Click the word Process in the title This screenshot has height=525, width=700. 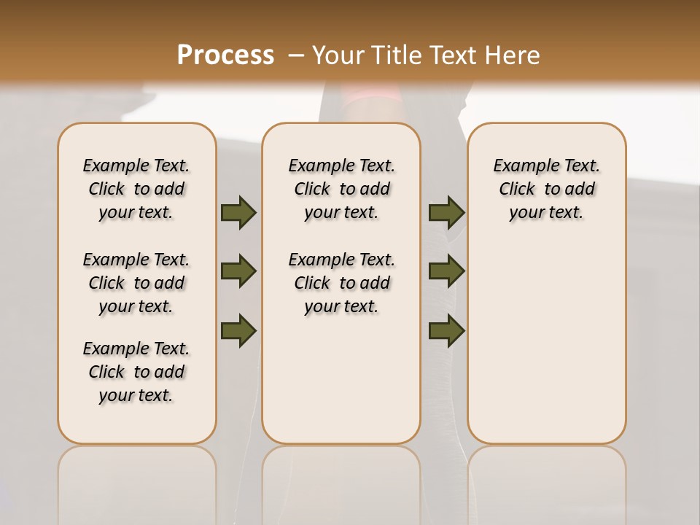(225, 55)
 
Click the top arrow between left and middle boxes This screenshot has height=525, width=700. (238, 213)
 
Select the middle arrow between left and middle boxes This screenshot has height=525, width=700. (238, 272)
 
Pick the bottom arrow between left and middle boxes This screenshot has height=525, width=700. (238, 331)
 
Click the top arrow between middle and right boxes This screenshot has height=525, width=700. (446, 213)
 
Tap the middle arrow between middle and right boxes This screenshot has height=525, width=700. (446, 272)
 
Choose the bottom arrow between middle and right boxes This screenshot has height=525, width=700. (446, 331)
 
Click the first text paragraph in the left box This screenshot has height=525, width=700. (136, 189)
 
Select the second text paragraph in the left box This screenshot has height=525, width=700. (136, 283)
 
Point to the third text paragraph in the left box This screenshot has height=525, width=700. (136, 372)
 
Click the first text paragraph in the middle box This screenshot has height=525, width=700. (342, 189)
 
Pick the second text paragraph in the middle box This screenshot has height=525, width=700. (342, 283)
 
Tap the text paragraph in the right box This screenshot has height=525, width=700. (547, 189)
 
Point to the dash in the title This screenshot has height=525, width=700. (296, 55)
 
